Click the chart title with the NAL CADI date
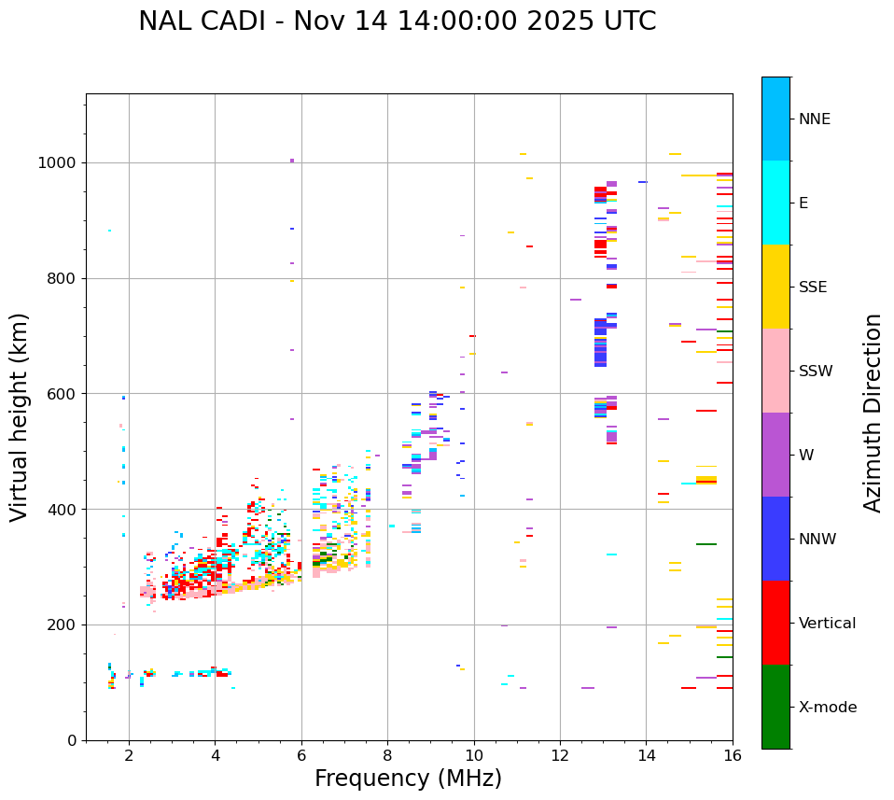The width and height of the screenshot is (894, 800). (x=397, y=21)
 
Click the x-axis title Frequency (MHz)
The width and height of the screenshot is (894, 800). (x=408, y=779)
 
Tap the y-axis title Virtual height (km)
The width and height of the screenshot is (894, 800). (x=20, y=417)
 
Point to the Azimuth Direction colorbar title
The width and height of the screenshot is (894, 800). (x=873, y=413)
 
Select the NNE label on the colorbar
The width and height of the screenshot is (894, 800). (x=814, y=119)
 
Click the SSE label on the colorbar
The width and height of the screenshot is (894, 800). (x=812, y=288)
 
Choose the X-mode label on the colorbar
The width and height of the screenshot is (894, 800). (x=827, y=708)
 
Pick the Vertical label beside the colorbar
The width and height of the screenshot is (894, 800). (x=827, y=624)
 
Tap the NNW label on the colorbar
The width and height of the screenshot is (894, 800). (x=817, y=540)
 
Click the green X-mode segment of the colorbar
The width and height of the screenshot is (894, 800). (x=775, y=707)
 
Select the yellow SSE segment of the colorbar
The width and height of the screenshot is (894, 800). (x=775, y=287)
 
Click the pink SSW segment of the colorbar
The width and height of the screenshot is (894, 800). (x=775, y=371)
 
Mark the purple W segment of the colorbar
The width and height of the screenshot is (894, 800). (x=775, y=455)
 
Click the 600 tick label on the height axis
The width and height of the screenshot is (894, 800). (x=63, y=394)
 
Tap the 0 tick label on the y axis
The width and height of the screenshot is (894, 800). (x=73, y=740)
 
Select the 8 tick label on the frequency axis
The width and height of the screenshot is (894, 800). (x=387, y=755)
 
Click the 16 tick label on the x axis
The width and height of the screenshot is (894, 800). (x=733, y=755)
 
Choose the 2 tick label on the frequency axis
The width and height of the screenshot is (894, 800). (x=129, y=755)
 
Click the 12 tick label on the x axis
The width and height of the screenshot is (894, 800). (x=560, y=755)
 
